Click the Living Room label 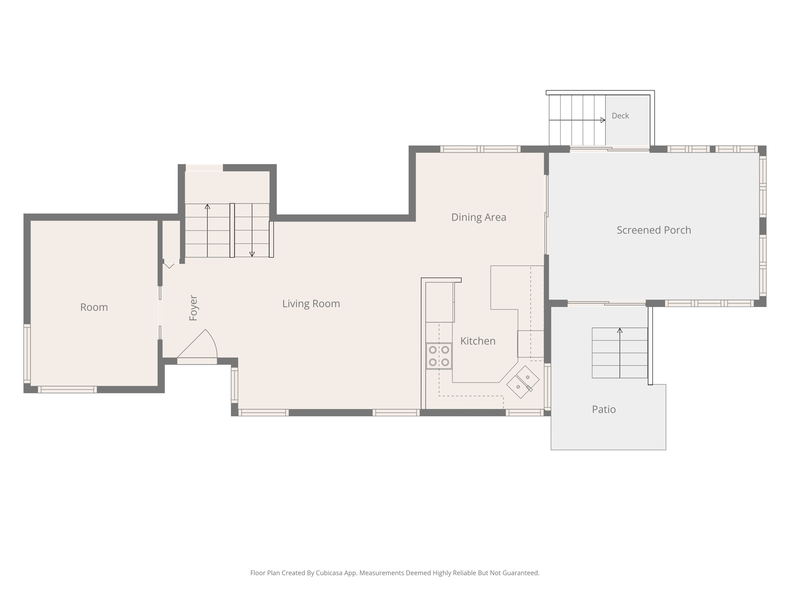coord(311,304)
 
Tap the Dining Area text coord(479,217)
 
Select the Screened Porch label coord(654,230)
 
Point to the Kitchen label coord(478,341)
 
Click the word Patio coord(604,409)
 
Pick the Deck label coord(620,116)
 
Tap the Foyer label coord(193,308)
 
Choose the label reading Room coord(94,307)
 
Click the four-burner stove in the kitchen coord(439,356)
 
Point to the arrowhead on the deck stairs coord(603,120)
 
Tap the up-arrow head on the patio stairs coord(620,330)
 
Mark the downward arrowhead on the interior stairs coord(252,254)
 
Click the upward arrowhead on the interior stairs coord(208,207)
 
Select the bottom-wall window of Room coord(67,390)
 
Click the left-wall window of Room coord(27,354)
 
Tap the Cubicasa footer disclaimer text coord(395,573)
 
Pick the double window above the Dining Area coord(480,149)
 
